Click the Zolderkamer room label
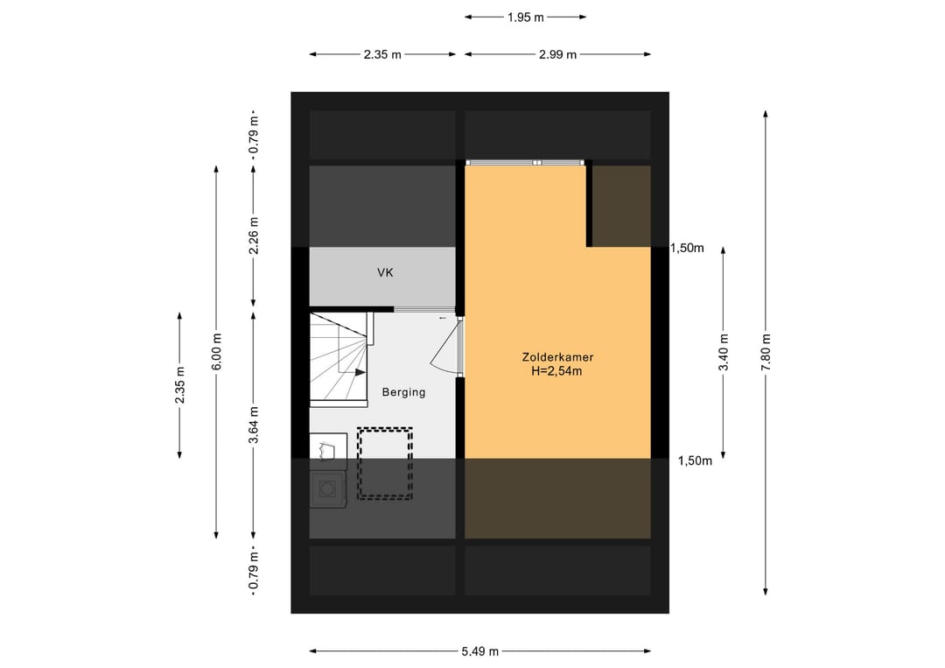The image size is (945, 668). pos(557,357)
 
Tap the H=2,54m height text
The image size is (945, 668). pos(556,371)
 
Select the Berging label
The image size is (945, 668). pos(403,392)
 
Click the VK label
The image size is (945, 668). pos(385,272)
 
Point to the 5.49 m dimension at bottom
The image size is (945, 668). pos(480,651)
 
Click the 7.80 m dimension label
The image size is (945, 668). pos(766,353)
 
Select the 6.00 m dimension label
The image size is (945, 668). pos(216,352)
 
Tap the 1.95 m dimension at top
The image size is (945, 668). pos(526,18)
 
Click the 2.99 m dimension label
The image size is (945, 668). pos(558,55)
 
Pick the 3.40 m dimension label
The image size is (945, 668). pos(724,353)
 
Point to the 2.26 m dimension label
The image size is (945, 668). pos(254,236)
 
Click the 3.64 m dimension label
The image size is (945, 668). pos(254,425)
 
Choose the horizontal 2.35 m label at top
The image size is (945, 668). pos(382,55)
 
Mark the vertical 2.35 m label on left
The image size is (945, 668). pos(179,385)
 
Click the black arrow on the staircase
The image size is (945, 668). pos(360,373)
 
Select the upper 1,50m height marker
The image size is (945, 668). pos(688,248)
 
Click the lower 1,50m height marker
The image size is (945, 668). pos(695,461)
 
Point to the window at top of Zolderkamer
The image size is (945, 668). pos(526,163)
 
